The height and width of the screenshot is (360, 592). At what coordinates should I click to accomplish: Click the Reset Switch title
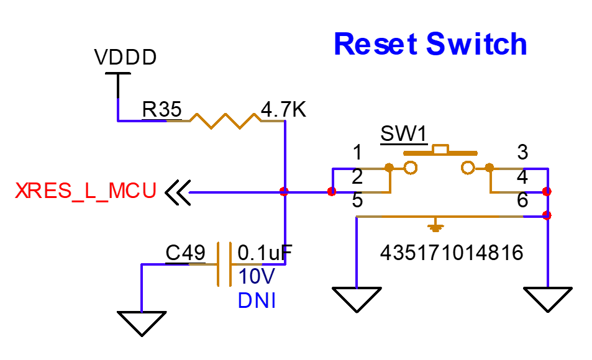pos(430,44)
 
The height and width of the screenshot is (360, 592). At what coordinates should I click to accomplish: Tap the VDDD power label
pos(125,58)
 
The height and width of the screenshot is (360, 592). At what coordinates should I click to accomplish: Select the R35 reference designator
pos(162,110)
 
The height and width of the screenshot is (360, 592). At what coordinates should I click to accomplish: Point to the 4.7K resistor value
pos(283,110)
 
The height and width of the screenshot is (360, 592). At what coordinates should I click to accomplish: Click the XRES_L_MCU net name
pos(86,191)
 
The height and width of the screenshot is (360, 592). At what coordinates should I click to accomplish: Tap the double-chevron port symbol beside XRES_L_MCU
pos(177,192)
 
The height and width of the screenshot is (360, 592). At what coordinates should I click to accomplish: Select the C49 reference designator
pos(185,253)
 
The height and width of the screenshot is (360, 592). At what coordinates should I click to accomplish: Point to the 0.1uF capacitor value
pos(265,253)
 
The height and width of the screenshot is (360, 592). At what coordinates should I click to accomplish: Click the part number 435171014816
pos(452,253)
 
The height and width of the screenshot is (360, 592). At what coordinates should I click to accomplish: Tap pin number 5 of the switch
pos(357,201)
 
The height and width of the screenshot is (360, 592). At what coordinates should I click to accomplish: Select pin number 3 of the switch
pos(522,152)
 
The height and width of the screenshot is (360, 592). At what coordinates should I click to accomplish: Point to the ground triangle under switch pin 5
pos(357,299)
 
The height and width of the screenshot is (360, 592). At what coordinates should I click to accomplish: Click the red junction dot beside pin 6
pos(547,215)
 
